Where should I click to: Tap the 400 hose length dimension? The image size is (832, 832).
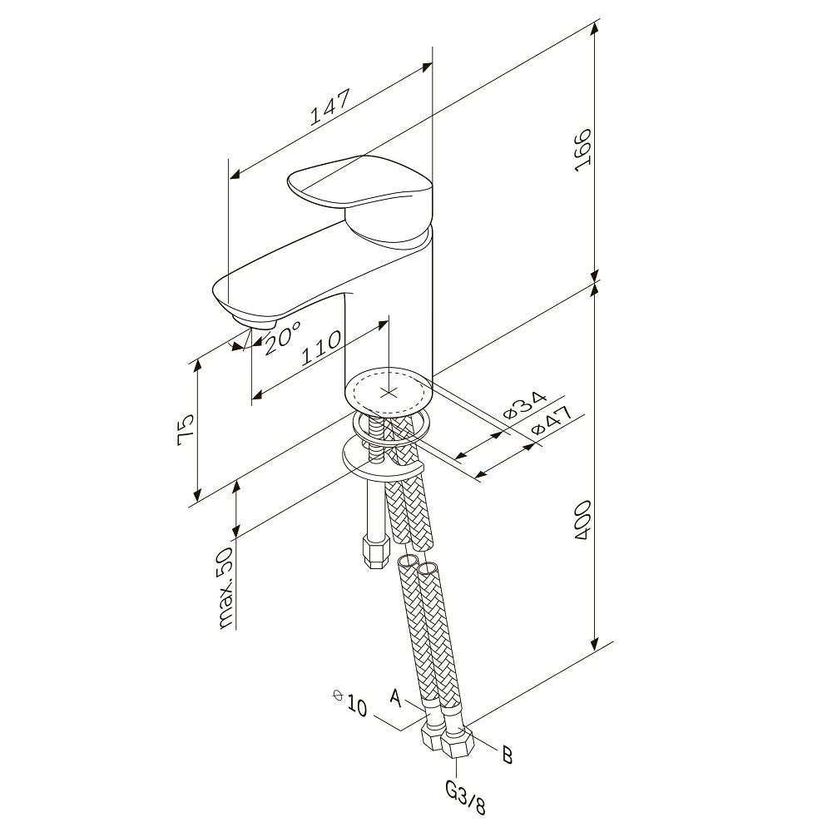pyautogui.click(x=582, y=520)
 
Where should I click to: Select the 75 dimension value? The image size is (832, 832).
pyautogui.click(x=186, y=429)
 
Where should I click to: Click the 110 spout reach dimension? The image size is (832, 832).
pyautogui.click(x=320, y=348)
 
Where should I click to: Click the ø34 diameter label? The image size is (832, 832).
pyautogui.click(x=524, y=405)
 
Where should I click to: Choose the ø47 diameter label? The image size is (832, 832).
pyautogui.click(x=552, y=421)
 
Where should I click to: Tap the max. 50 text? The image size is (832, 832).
pyautogui.click(x=226, y=588)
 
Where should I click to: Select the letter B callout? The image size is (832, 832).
pyautogui.click(x=508, y=755)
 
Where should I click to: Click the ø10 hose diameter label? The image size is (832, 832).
pyautogui.click(x=350, y=702)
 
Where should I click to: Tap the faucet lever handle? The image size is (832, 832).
pyautogui.click(x=361, y=194)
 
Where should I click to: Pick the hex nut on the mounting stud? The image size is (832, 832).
pyautogui.click(x=375, y=552)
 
